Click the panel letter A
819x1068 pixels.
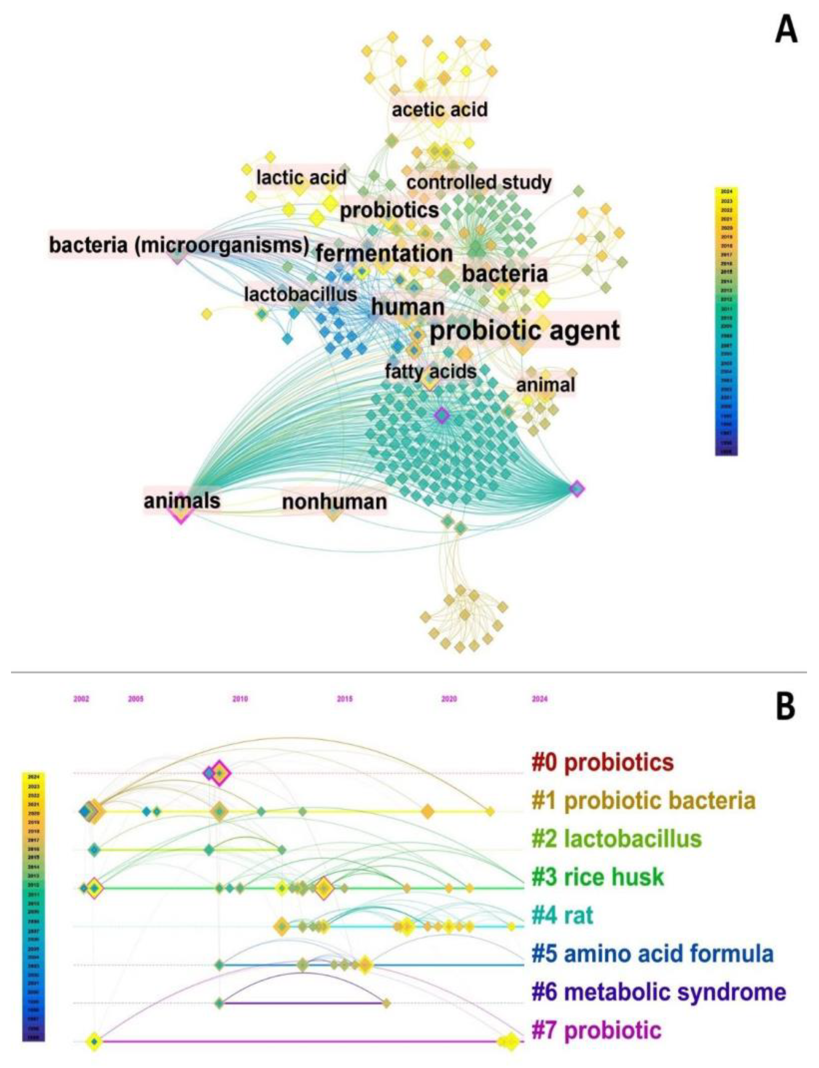[785, 32]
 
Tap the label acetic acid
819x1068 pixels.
[439, 110]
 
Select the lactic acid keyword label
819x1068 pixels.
[301, 178]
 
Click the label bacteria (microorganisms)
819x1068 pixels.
[179, 245]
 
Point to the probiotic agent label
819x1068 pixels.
[524, 331]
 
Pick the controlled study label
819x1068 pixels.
[479, 183]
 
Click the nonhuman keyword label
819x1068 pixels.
[335, 501]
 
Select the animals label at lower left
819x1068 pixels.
[182, 500]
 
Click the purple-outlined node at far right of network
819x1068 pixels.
[577, 488]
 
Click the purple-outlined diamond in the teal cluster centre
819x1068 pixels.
[442, 415]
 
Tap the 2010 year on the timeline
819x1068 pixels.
[240, 699]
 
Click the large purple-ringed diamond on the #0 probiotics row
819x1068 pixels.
[219, 773]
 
